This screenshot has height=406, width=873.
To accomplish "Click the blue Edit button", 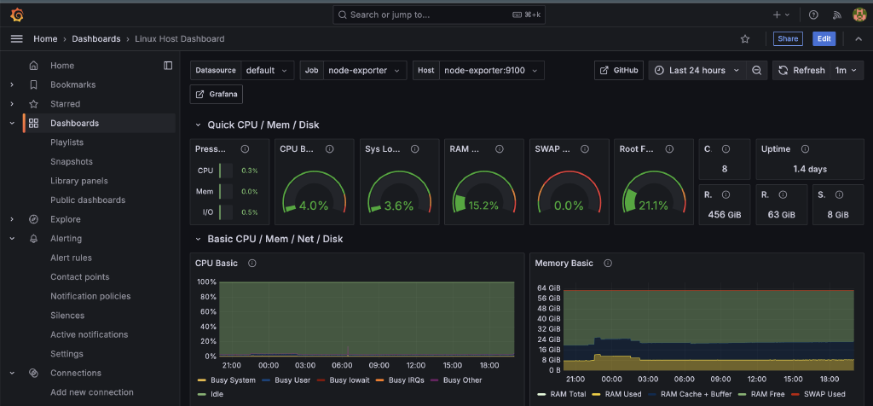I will (824, 38).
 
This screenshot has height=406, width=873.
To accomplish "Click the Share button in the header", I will (788, 38).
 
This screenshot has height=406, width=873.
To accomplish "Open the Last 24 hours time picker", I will (697, 70).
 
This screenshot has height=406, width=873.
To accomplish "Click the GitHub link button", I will (619, 70).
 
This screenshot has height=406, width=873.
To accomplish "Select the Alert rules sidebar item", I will (71, 258).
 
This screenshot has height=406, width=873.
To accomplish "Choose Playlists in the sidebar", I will (66, 142).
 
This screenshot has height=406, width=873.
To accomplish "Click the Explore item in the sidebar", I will (65, 219).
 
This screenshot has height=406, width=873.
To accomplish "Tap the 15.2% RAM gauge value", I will (483, 206).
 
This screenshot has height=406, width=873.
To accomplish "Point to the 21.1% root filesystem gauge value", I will (652, 206).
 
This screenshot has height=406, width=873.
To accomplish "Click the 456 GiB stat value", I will (724, 215).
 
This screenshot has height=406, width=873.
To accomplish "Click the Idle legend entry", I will (217, 393).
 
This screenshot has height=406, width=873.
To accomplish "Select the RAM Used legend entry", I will (623, 395).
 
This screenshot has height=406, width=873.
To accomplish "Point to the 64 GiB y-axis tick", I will (547, 287).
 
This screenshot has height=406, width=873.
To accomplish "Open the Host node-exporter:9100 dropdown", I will (490, 70).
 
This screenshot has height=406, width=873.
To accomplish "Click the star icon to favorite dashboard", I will (745, 38).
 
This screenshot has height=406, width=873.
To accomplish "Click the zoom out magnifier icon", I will (756, 70).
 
